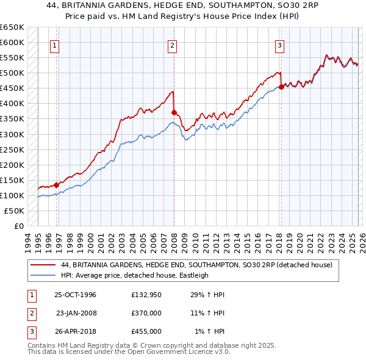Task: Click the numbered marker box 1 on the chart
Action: click(54, 45)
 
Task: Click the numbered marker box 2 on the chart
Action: click(173, 45)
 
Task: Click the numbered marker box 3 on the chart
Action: click(279, 45)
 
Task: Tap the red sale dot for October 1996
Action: click(57, 184)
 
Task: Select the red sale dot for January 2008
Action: click(174, 112)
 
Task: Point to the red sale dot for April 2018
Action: click(281, 87)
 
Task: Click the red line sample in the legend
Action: click(43, 265)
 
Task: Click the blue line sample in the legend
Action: click(43, 276)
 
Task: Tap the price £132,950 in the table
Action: click(146, 295)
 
